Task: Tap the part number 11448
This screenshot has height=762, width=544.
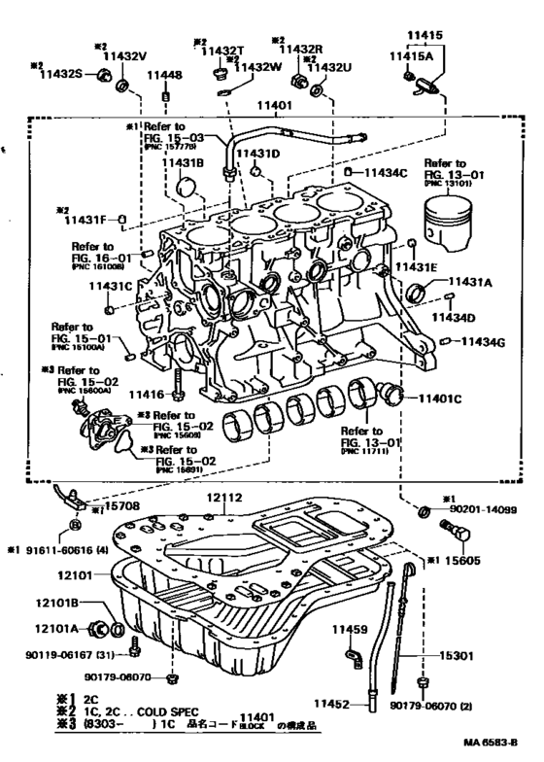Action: (165, 75)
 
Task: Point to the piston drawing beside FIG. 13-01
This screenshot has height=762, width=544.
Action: (450, 228)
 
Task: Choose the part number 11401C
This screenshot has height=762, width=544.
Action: (442, 398)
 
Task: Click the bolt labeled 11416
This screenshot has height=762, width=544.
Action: (177, 394)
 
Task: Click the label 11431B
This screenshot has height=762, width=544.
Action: (185, 162)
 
